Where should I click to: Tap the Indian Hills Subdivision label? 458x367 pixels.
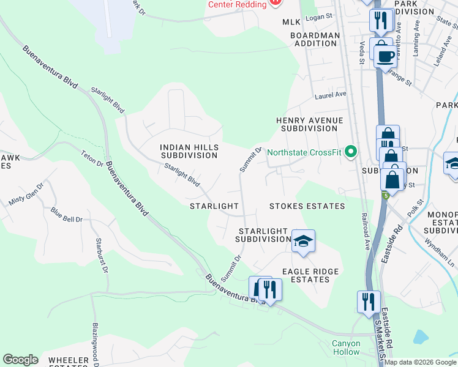tap(189, 151)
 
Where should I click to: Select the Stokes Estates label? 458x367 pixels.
tap(307, 206)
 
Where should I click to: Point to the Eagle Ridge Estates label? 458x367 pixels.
tap(306, 275)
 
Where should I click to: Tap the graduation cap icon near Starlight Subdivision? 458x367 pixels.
tap(303, 242)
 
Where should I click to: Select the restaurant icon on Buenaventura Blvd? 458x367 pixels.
tap(269, 289)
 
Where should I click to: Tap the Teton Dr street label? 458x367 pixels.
tap(92, 159)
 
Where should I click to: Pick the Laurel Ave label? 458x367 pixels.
tap(331, 95)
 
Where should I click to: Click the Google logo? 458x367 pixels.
tap(20, 360)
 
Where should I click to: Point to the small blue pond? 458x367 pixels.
tap(421, 336)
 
